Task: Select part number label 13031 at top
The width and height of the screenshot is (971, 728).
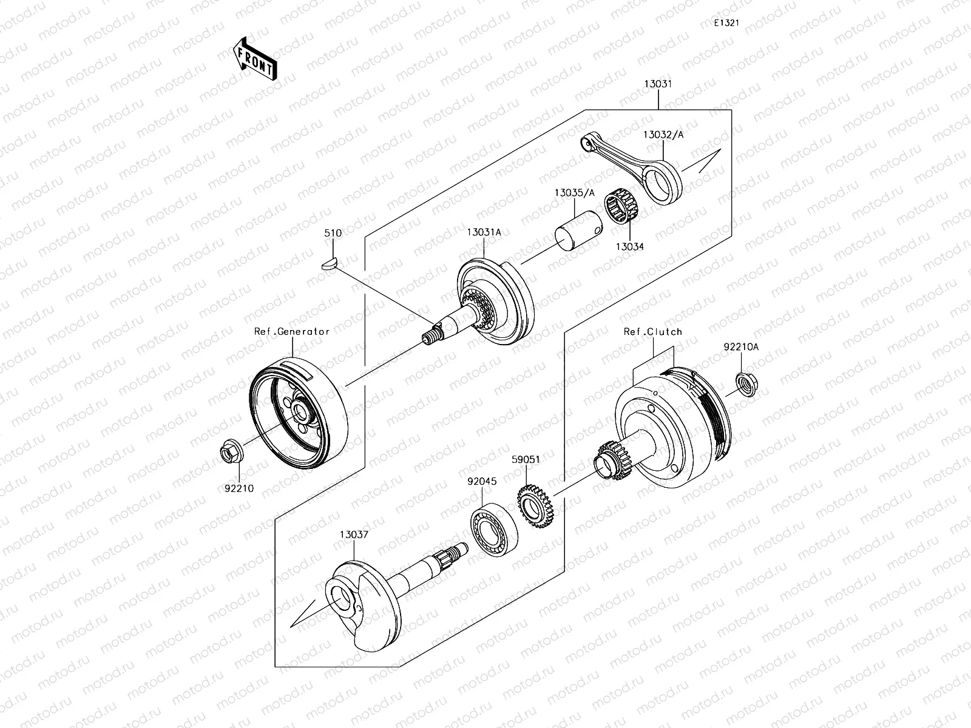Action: click(658, 85)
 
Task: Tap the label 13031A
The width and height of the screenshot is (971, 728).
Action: click(484, 232)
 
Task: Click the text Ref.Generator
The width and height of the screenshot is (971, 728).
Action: click(292, 331)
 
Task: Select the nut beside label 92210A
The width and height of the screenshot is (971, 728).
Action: click(745, 384)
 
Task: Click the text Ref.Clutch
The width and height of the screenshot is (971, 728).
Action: click(653, 332)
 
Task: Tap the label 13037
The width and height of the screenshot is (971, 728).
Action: click(354, 534)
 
